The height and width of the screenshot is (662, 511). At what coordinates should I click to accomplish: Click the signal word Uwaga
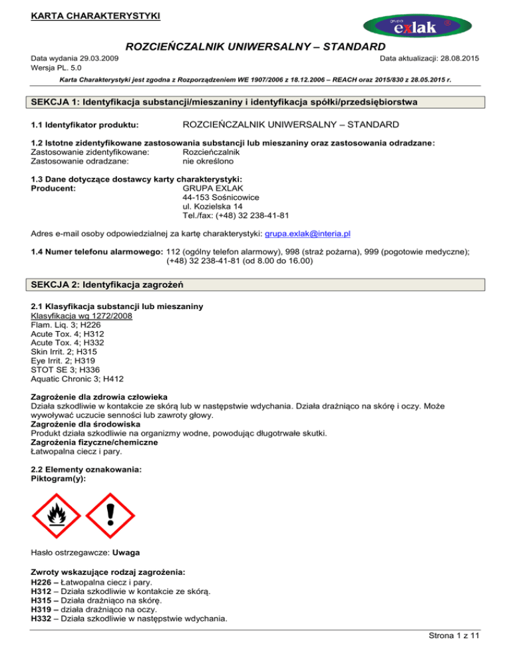point(127,552)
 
